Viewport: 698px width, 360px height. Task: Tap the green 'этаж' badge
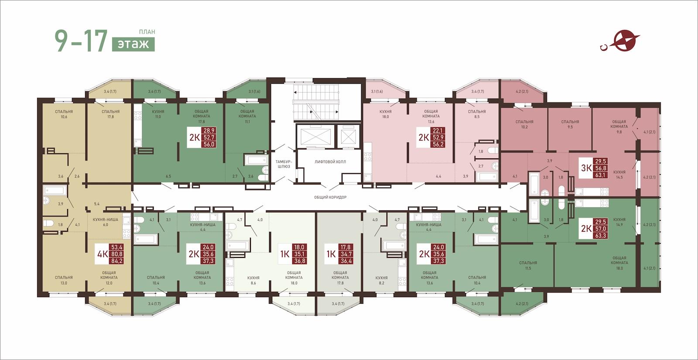click(133, 44)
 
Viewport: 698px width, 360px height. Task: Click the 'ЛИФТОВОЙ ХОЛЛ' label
click(330, 162)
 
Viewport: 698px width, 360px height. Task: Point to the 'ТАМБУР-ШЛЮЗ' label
click(284, 164)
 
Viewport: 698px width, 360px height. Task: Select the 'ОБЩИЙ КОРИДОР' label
click(330, 197)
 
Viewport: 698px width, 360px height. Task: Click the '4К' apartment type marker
click(103, 254)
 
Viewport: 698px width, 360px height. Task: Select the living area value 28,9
click(209, 130)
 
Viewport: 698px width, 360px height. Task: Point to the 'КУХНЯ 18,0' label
click(386, 114)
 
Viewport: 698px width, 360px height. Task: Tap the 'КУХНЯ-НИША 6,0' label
click(106, 222)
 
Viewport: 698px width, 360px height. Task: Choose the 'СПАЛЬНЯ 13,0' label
click(64, 280)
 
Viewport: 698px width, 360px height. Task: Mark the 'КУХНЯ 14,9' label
click(619, 222)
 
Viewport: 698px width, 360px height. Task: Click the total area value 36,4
click(346, 261)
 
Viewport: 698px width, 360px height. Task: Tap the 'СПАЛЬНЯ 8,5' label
click(477, 114)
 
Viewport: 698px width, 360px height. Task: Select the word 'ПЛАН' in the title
click(147, 32)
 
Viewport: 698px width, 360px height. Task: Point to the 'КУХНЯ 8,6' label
click(253, 280)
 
